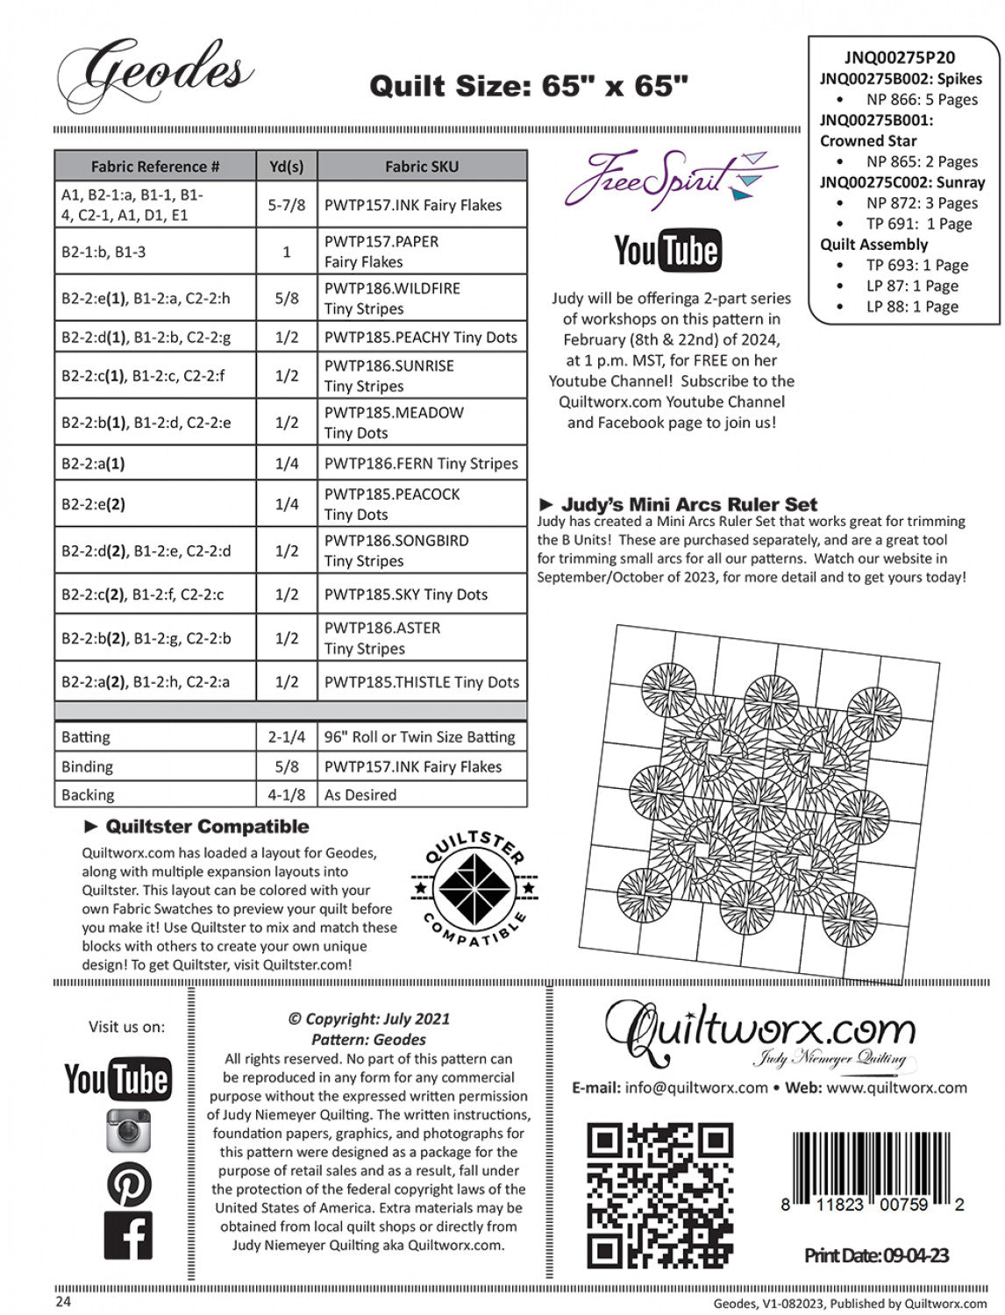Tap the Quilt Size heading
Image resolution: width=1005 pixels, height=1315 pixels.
point(528,86)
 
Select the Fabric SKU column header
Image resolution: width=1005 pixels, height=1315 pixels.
point(421,166)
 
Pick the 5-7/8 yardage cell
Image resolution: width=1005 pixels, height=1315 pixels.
point(287,205)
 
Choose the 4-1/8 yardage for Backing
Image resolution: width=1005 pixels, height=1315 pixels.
point(287,795)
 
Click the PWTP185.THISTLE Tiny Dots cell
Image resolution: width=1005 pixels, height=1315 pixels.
point(421,682)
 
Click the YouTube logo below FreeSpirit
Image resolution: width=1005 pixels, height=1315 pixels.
point(667,252)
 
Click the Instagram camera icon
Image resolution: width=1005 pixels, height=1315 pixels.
point(129,1130)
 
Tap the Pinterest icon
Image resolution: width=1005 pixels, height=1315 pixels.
point(129,1183)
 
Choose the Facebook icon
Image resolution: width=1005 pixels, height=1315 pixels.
point(129,1235)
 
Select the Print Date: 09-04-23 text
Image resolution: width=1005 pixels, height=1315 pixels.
point(876,1255)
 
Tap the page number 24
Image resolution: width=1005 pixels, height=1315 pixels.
point(63,1302)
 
